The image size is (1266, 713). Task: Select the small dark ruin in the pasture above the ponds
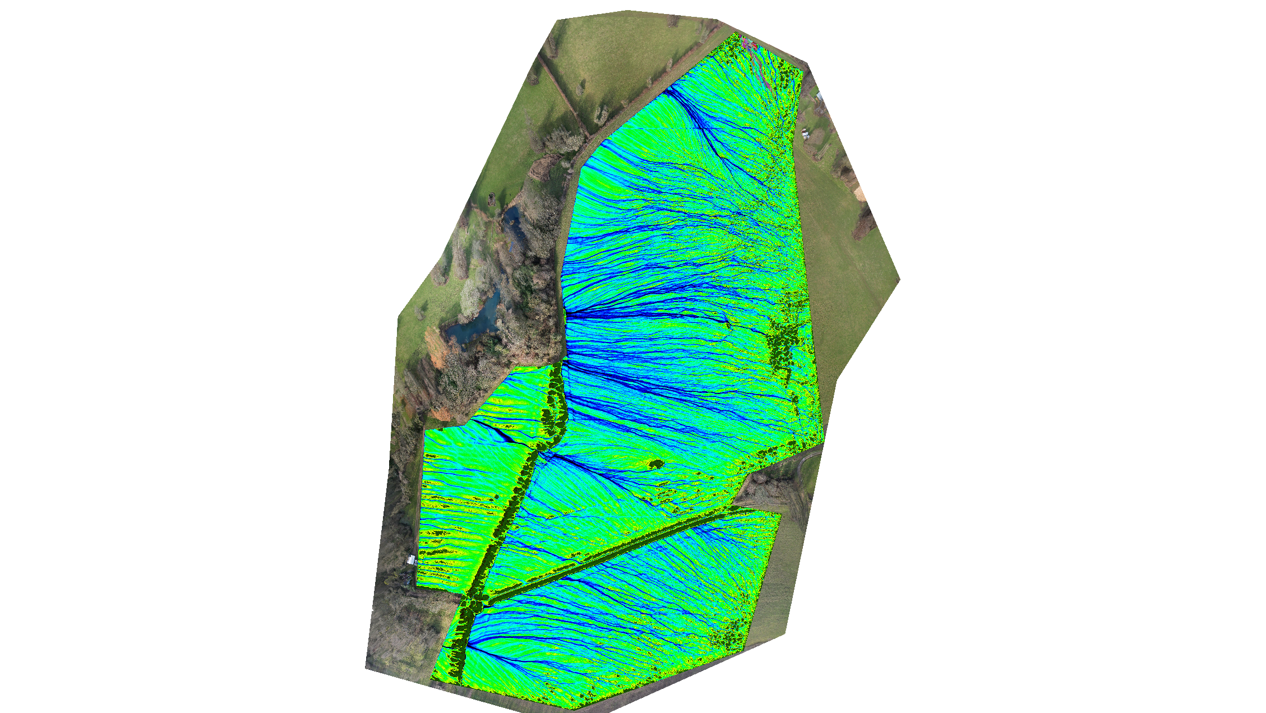pyautogui.click(x=492, y=197)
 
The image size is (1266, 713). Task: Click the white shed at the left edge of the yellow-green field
pyautogui.click(x=411, y=559)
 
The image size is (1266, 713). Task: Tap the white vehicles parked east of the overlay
pyautogui.click(x=806, y=133)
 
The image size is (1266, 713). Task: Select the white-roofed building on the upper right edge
pyautogui.click(x=820, y=96)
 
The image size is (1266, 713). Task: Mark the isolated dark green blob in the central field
pyautogui.click(x=655, y=464)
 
